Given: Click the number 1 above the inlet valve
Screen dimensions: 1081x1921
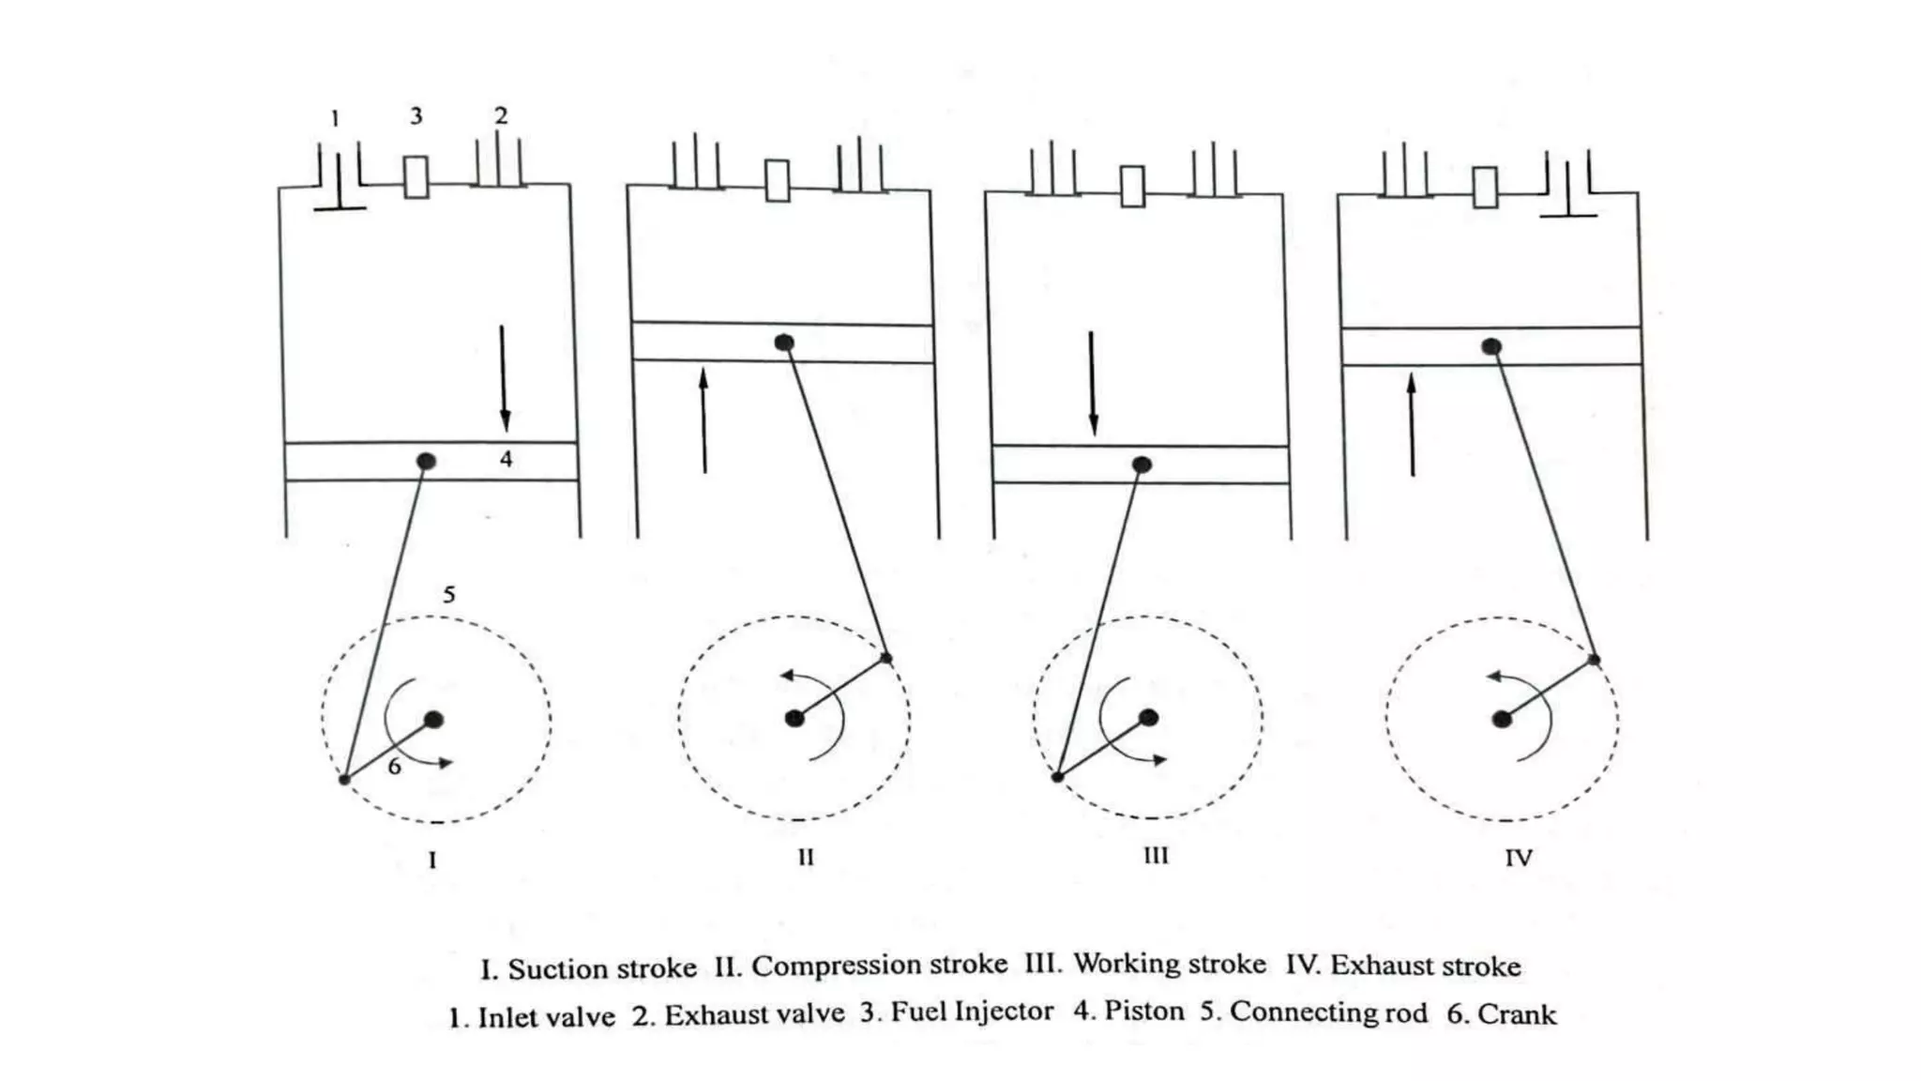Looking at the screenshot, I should pos(335,119).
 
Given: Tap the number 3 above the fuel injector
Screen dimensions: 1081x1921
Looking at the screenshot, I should pos(416,116).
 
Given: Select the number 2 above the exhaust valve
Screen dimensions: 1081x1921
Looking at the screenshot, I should pos(501,116).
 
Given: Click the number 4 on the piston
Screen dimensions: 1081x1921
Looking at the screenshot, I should pos(507,459).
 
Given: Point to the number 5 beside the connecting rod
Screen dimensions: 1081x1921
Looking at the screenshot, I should pos(449,595).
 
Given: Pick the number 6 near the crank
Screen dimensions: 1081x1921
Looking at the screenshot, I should pos(395,767).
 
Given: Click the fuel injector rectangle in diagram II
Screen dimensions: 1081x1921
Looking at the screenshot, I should pos(778,180).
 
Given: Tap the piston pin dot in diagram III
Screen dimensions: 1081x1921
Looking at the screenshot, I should pos(1142,464).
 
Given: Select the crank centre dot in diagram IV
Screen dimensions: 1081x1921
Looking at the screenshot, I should pos(1502,719).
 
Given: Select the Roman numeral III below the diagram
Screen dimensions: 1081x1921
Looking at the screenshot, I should pos(1156,856).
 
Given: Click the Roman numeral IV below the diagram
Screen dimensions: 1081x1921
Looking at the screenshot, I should pos(1519,858).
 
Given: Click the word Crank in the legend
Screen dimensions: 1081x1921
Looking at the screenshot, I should pos(1517,1014).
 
